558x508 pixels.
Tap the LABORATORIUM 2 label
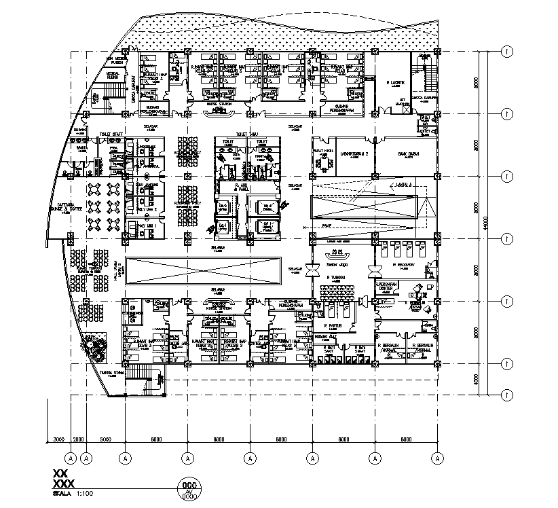[354, 154]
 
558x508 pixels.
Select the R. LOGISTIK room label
[395, 83]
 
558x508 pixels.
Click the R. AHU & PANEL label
[238, 186]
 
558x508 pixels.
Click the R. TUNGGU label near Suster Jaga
[336, 278]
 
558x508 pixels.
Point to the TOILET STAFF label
[111, 134]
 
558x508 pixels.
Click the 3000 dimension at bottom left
[58, 440]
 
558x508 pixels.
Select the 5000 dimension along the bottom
[105, 440]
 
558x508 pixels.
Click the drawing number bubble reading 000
[189, 486]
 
